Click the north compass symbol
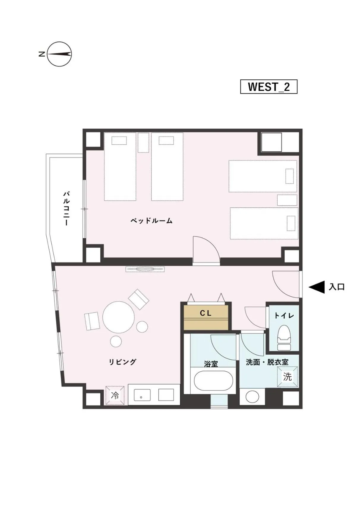coord(59,54)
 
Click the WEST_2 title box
coord(268,87)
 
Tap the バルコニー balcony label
coord(67,208)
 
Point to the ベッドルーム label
coord(151,221)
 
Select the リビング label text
coord(122,362)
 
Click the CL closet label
coord(205,313)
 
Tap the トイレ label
coord(284,315)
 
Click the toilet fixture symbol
coord(284,337)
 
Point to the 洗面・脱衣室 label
coord(267,362)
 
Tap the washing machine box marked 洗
coord(287,377)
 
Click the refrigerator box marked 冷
coord(115,395)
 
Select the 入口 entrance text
coord(337,287)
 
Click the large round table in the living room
coord(118,317)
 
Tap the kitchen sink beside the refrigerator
coord(142,395)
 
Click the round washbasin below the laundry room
coord(252,397)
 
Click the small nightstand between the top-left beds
coord(143,143)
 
